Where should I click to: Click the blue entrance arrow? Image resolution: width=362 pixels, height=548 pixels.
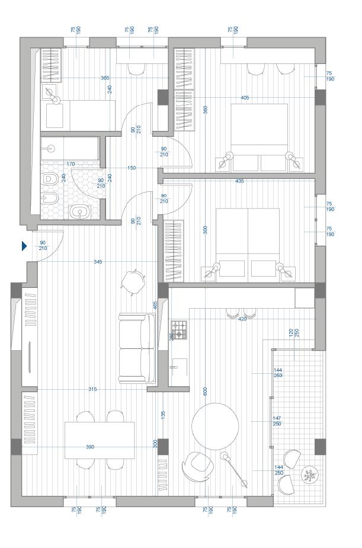25,246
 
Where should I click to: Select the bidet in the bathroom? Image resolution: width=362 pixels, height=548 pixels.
50,198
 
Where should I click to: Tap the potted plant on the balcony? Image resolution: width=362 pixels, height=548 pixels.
309,474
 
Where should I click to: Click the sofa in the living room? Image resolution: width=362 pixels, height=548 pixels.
137,348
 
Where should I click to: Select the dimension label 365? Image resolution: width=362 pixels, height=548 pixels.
105,78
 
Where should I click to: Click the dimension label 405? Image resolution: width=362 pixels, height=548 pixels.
245,98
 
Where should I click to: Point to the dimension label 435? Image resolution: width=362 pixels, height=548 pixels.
239,181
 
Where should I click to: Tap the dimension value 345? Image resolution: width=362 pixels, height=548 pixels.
98,261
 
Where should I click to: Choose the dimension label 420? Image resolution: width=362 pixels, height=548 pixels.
242,319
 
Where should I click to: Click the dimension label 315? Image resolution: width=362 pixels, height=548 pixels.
92,389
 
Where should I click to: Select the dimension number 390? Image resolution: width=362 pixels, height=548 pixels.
90,446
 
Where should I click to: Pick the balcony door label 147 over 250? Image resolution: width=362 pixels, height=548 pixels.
277,421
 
